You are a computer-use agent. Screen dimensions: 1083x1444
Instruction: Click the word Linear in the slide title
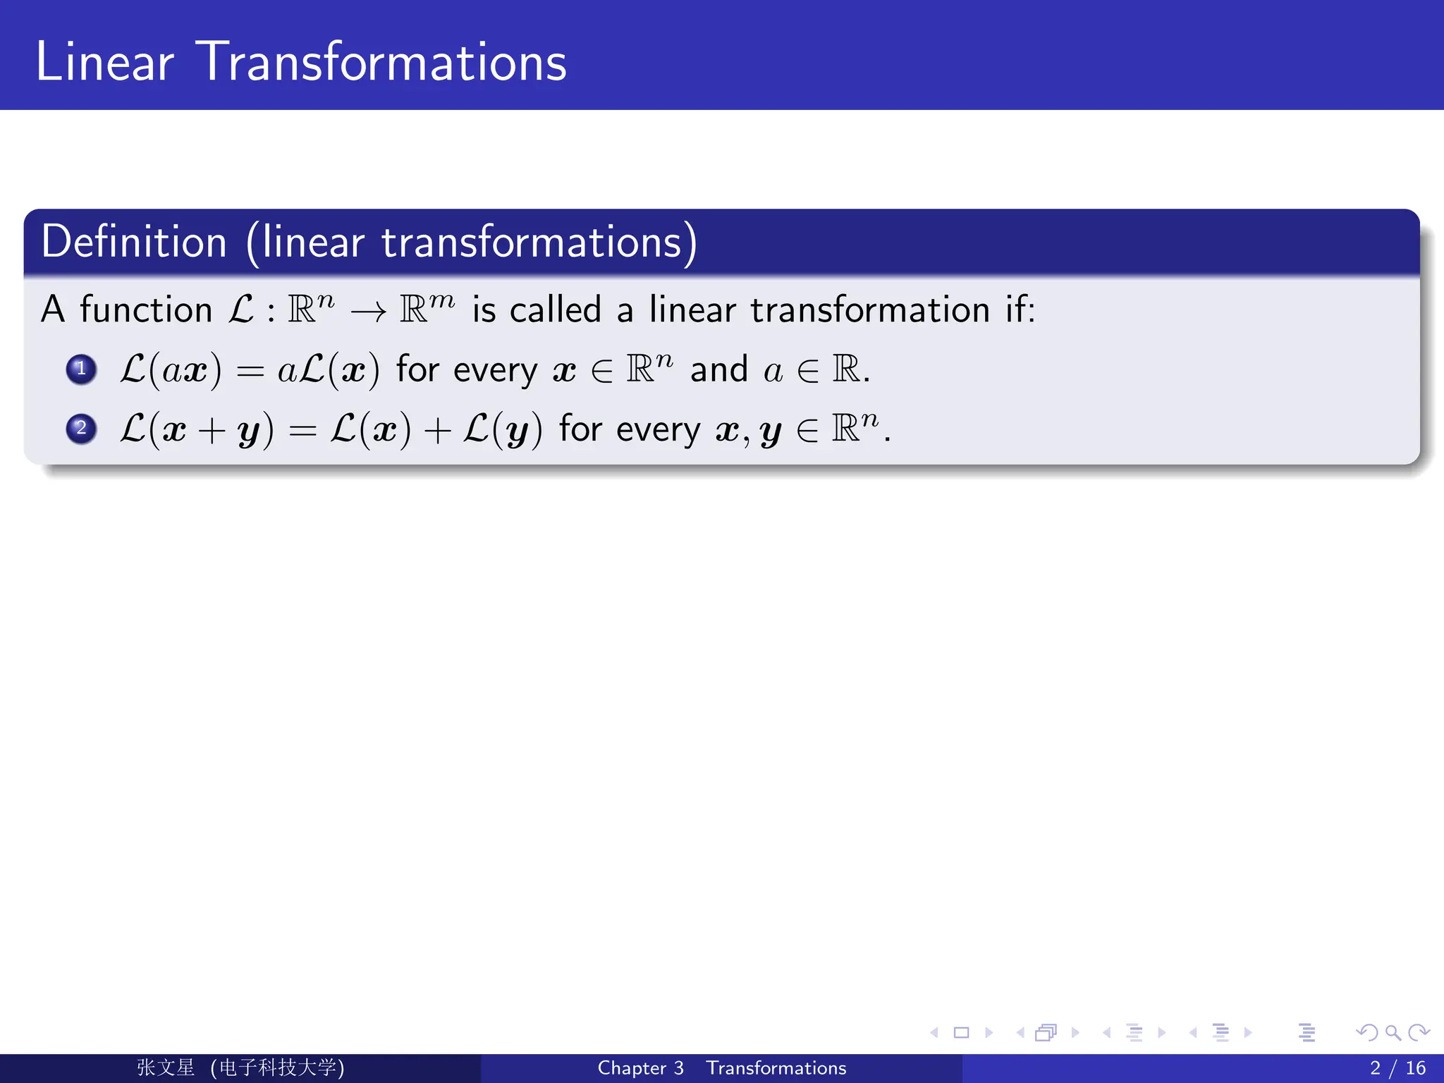(104, 62)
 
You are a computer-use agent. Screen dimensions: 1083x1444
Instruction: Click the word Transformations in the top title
(381, 62)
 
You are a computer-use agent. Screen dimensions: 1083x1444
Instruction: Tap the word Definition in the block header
(134, 242)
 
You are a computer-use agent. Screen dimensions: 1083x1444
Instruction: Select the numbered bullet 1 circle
(81, 369)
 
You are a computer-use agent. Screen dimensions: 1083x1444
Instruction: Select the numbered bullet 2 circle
(81, 429)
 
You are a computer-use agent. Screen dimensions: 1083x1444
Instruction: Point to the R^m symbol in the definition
(427, 307)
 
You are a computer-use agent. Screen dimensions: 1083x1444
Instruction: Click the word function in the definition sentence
(146, 310)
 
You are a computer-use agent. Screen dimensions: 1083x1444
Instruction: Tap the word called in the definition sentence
(555, 310)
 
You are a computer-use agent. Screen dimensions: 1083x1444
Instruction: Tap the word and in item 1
(718, 369)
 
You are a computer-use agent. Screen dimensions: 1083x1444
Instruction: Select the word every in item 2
(658, 430)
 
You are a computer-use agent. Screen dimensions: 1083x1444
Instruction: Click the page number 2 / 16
(1397, 1067)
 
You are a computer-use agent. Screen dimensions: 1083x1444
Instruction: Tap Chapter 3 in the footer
(640, 1067)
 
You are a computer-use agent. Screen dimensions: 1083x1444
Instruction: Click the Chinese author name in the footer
(166, 1067)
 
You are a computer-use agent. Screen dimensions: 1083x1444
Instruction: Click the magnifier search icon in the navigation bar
(1393, 1033)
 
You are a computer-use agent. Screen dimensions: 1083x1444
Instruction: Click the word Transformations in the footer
(776, 1067)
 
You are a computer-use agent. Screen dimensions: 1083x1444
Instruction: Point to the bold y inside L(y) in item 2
(517, 432)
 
